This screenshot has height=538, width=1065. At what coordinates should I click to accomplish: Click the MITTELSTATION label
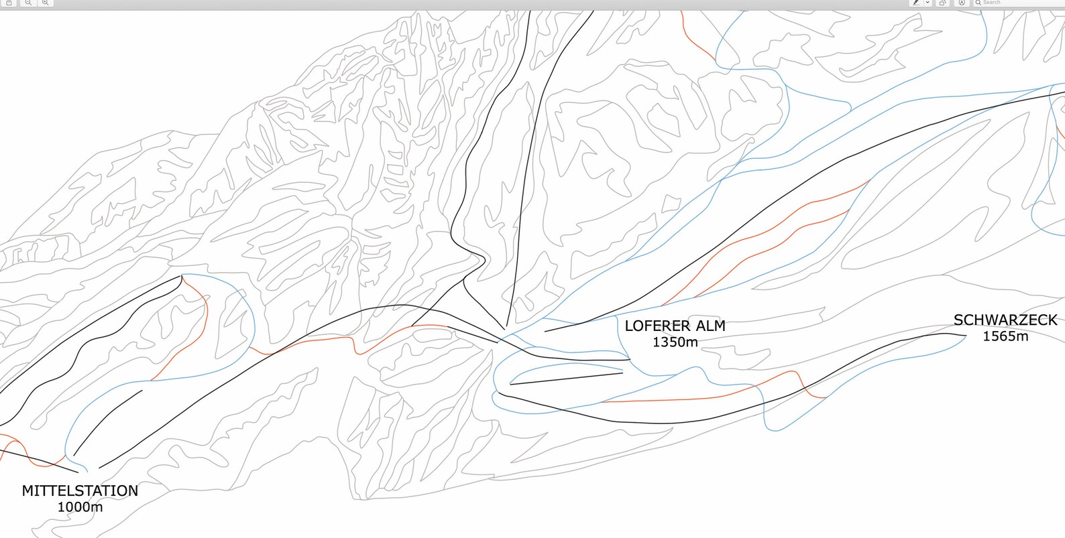point(80,490)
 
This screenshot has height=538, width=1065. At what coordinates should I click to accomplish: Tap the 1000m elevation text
point(80,507)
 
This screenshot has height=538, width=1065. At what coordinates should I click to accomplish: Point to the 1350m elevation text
point(675,342)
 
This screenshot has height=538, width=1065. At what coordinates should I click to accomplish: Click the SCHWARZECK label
point(1005,320)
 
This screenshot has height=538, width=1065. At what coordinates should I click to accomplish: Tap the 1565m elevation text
point(1005,336)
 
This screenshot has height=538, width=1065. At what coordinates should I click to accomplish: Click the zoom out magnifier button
point(28,3)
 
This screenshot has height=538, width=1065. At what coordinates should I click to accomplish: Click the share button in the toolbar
point(9,3)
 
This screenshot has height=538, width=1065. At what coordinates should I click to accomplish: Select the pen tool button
point(916,3)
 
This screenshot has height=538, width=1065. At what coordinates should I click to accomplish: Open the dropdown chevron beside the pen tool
point(928,3)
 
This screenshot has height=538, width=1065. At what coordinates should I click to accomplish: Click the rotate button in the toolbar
point(942,3)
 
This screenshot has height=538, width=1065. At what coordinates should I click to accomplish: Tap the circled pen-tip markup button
point(961,3)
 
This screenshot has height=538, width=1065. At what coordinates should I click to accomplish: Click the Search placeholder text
point(992,3)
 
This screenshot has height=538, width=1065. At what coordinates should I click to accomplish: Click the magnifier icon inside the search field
point(978,3)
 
